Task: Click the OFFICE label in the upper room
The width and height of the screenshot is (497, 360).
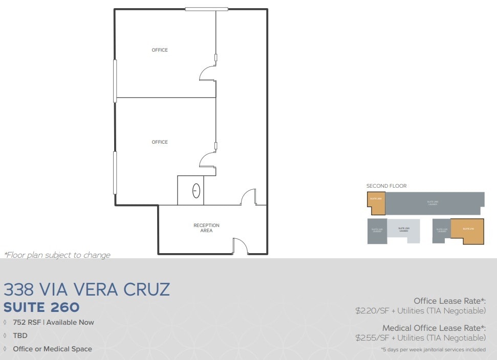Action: (x=160, y=50)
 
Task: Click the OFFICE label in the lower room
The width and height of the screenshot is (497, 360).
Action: (x=160, y=142)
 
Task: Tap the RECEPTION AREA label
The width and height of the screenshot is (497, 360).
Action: (x=206, y=228)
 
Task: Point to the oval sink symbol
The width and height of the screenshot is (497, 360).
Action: (x=196, y=191)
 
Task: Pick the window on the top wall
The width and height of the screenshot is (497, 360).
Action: (x=206, y=9)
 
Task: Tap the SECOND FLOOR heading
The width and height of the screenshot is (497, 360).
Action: (x=386, y=186)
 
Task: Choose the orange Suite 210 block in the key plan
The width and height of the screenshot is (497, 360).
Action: (x=467, y=231)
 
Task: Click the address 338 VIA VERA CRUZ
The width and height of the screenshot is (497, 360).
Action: (x=87, y=290)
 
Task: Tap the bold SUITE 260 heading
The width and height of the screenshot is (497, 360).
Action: (x=41, y=307)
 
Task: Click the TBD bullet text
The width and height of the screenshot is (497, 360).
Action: (x=20, y=336)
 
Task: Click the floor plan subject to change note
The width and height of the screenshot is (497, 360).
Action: (x=57, y=255)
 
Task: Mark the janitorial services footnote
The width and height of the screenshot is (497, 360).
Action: (x=433, y=350)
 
